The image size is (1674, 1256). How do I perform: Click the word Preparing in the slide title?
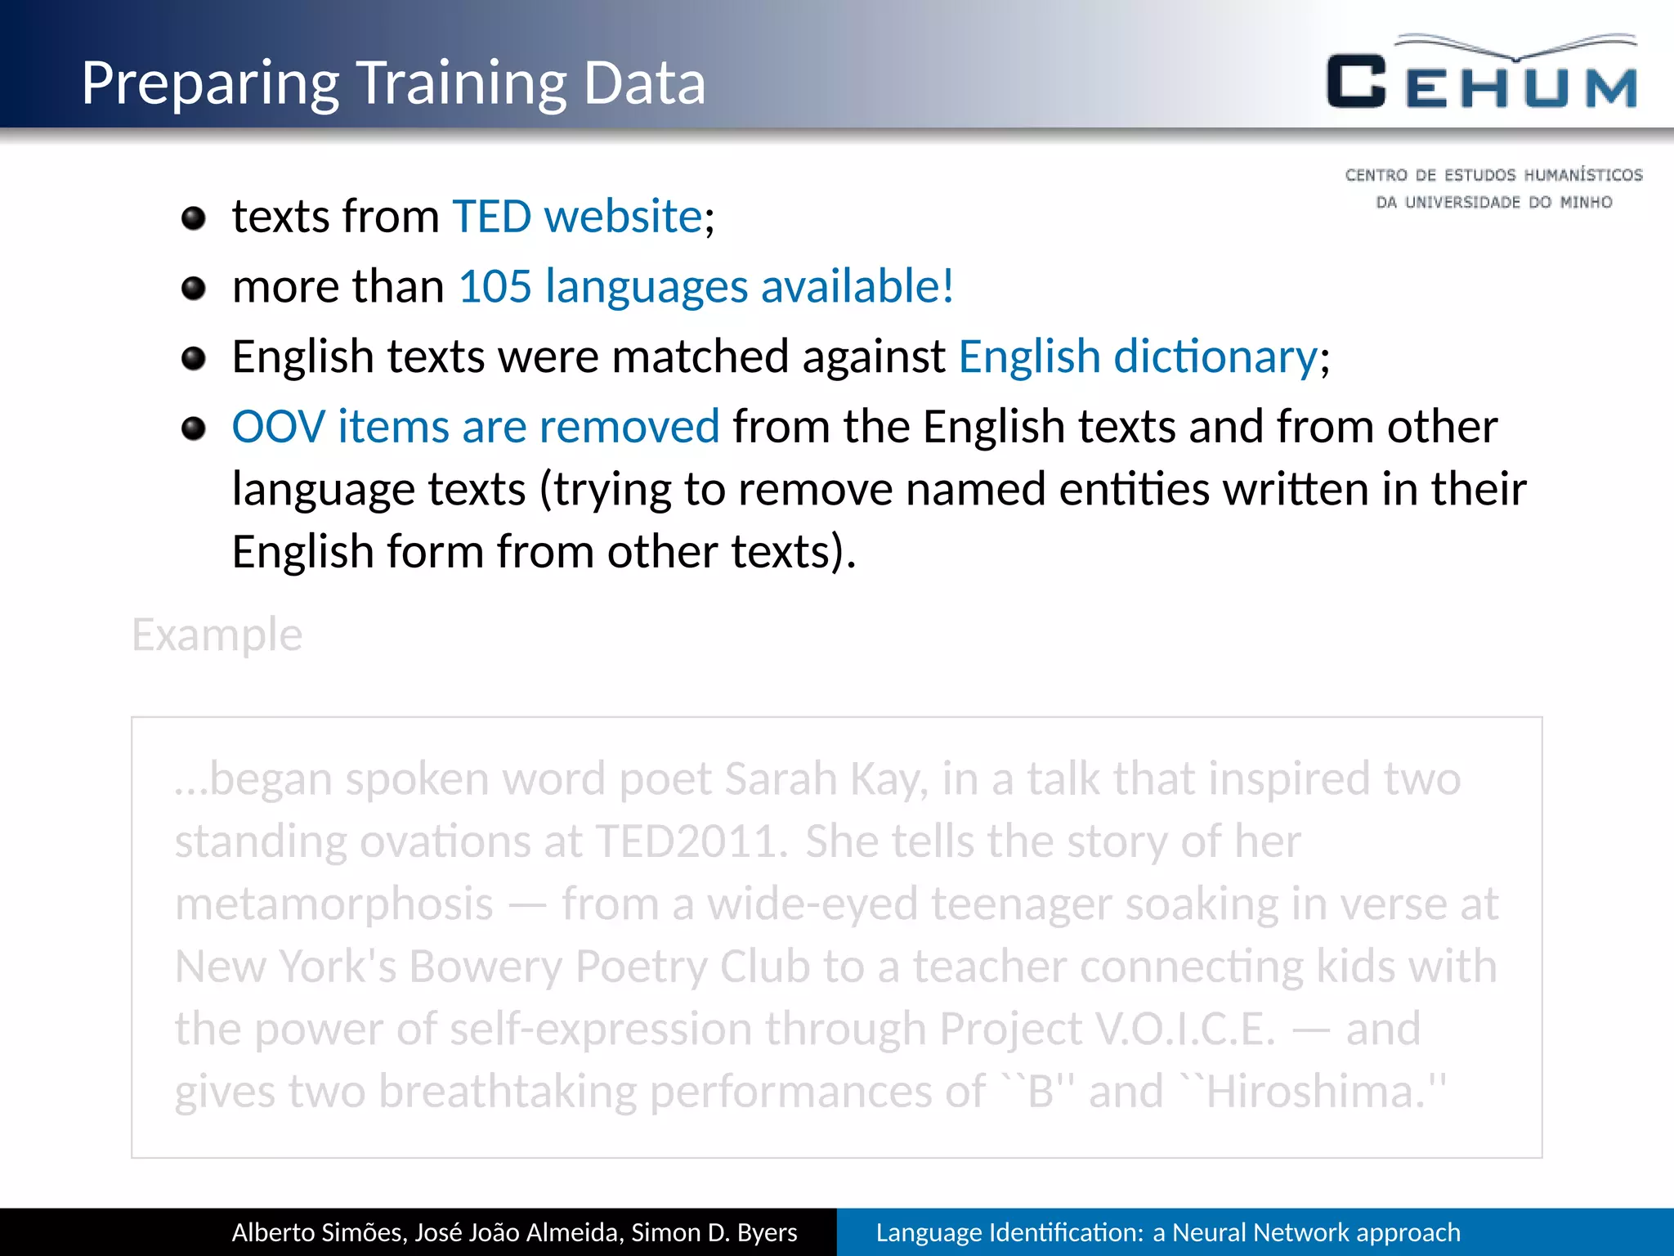[209, 85]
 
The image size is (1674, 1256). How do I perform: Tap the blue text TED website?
[577, 217]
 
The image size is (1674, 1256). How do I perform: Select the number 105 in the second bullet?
[495, 287]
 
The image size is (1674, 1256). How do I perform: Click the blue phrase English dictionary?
[1138, 357]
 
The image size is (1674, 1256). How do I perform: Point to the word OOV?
[278, 427]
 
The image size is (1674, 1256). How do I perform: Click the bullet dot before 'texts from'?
[194, 218]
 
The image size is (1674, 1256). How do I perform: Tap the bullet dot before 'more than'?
[194, 289]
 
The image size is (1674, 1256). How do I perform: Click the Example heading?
[217, 635]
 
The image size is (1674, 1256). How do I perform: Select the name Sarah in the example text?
[781, 778]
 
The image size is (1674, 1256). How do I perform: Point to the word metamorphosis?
[334, 904]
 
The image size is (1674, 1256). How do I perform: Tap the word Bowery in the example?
[485, 967]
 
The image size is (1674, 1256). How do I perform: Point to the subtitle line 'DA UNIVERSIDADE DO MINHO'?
[1493, 202]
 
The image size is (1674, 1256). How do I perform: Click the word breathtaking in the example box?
[508, 1092]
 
